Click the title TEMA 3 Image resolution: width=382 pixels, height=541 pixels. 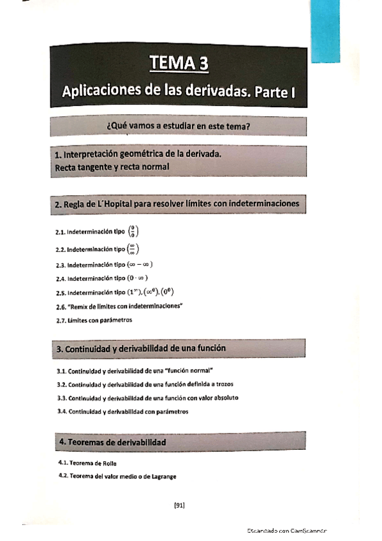coord(179,63)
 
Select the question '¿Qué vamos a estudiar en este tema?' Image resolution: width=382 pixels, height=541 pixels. coord(179,126)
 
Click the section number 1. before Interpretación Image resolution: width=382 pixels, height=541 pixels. coord(58,154)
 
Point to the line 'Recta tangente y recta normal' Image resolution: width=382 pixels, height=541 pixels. coord(112,167)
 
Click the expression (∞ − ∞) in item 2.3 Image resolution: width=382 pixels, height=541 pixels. coord(140,264)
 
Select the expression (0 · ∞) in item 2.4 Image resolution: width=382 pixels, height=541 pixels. coord(139,278)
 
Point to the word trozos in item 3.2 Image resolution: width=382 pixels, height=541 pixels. coord(216,384)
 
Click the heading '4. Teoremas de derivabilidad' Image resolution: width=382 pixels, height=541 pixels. coord(112,441)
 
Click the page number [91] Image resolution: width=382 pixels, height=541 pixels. coord(179,506)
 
